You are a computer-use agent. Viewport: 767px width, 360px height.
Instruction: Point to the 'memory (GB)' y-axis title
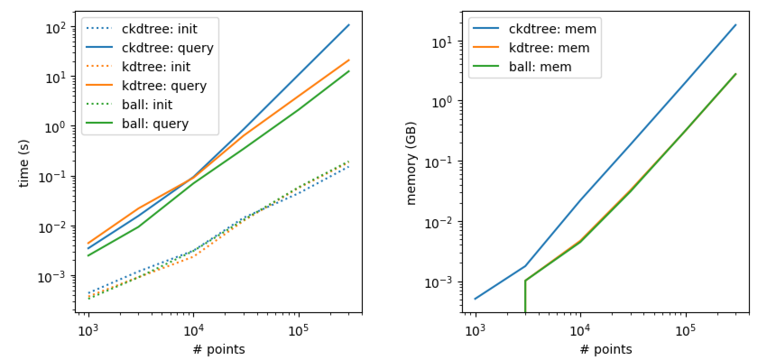(x=411, y=163)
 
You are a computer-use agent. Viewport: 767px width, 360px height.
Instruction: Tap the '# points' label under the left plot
(x=219, y=349)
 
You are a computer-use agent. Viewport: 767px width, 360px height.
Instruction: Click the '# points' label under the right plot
(x=606, y=349)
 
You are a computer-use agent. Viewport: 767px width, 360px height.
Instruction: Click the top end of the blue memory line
(x=736, y=25)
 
